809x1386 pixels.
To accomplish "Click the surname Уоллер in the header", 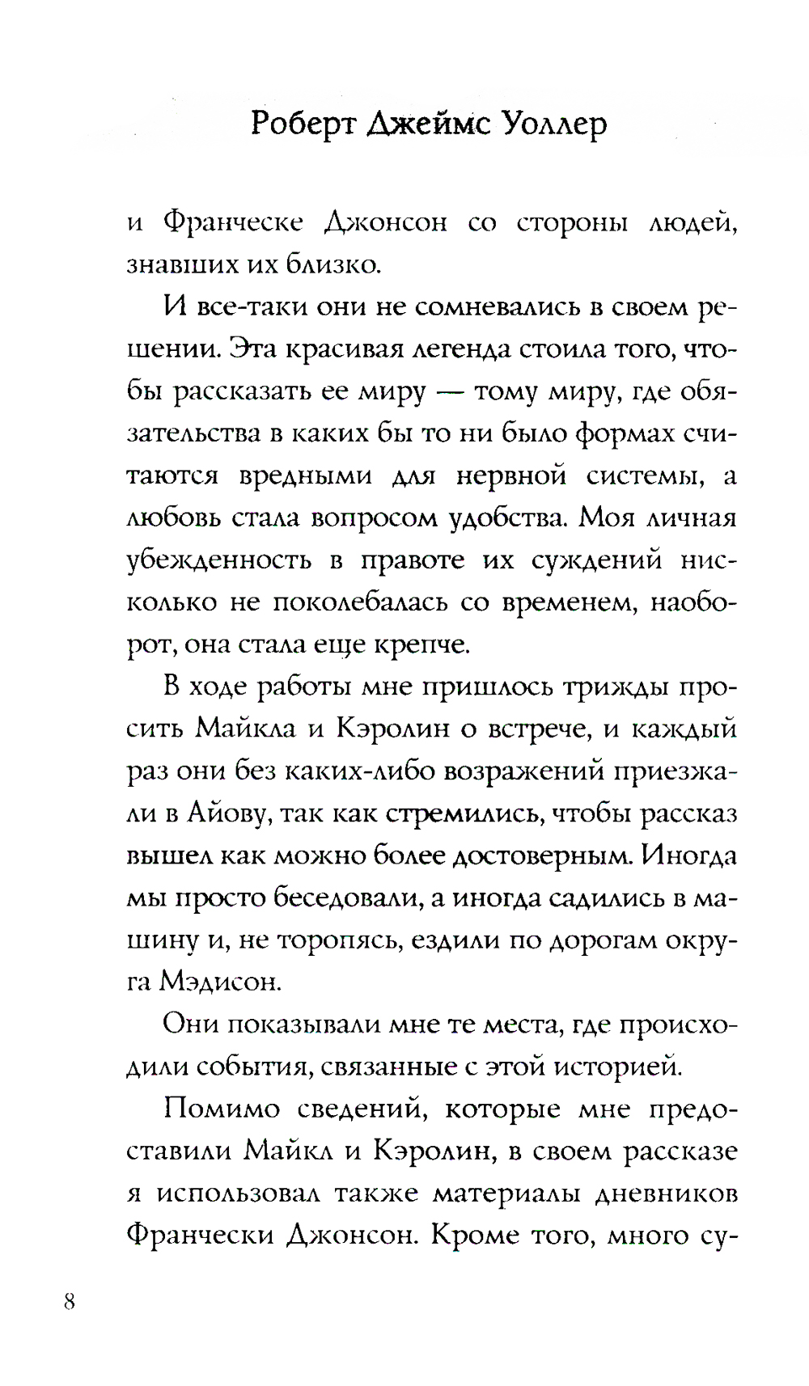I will click(554, 124).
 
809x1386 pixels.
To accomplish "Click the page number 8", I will click(70, 1301).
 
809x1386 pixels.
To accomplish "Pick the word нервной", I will click(510, 475).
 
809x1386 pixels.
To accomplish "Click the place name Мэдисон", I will click(220, 982).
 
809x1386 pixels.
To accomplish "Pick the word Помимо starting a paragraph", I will click(221, 1108).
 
